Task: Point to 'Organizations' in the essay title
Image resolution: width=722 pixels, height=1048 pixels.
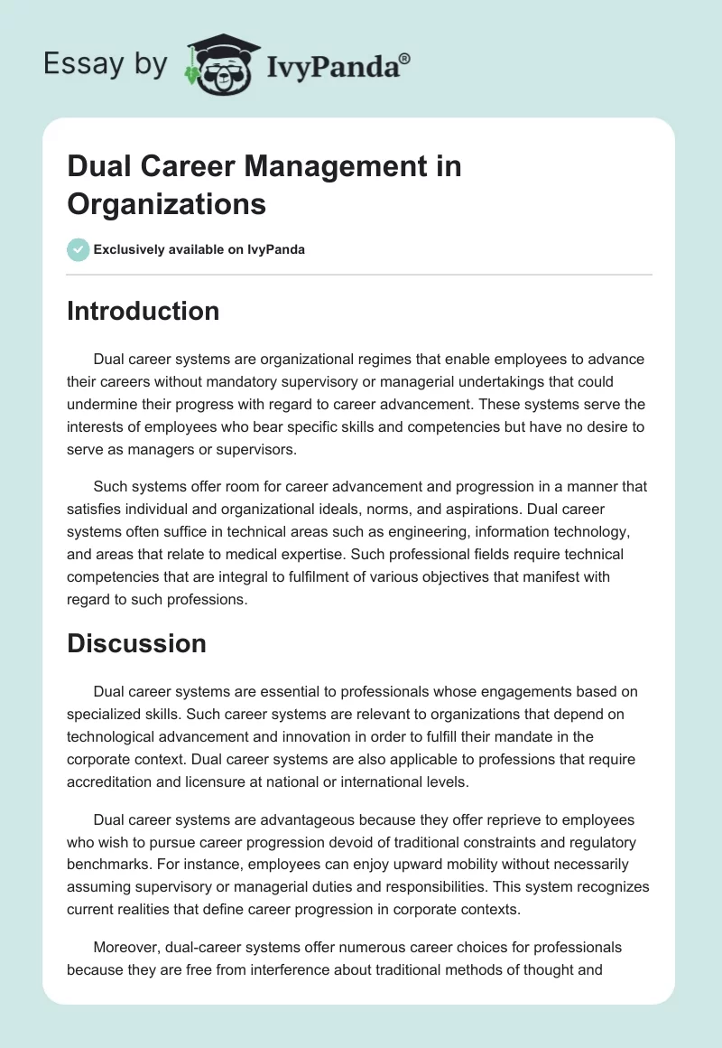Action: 167,204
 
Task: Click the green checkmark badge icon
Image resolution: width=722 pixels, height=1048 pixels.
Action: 79,249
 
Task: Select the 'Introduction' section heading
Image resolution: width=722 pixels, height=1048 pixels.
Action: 143,312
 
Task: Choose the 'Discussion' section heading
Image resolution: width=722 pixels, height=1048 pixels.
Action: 136,643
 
